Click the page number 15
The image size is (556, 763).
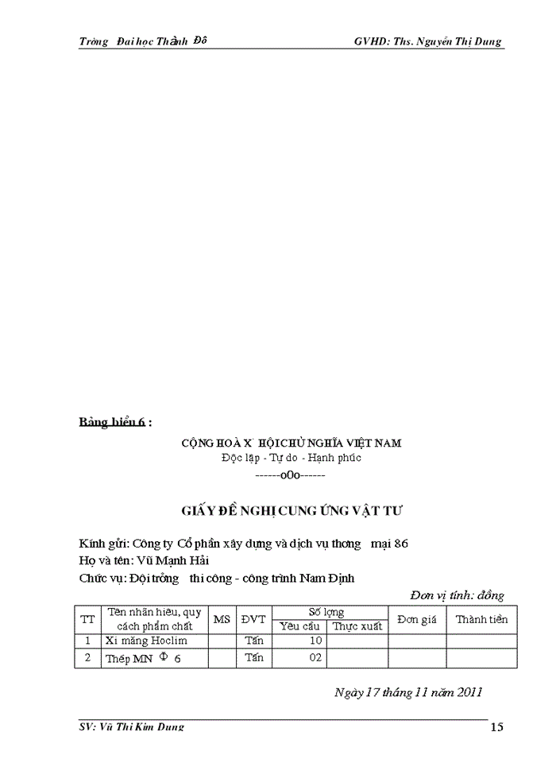496,726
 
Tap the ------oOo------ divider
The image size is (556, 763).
290,474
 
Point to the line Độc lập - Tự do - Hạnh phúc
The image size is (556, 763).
291,459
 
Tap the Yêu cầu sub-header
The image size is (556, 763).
299,626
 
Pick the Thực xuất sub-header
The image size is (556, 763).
357,626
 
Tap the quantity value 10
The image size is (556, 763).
315,641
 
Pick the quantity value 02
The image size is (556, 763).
315,658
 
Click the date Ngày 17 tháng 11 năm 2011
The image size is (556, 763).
408,691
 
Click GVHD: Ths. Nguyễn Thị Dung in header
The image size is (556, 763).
428,41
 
